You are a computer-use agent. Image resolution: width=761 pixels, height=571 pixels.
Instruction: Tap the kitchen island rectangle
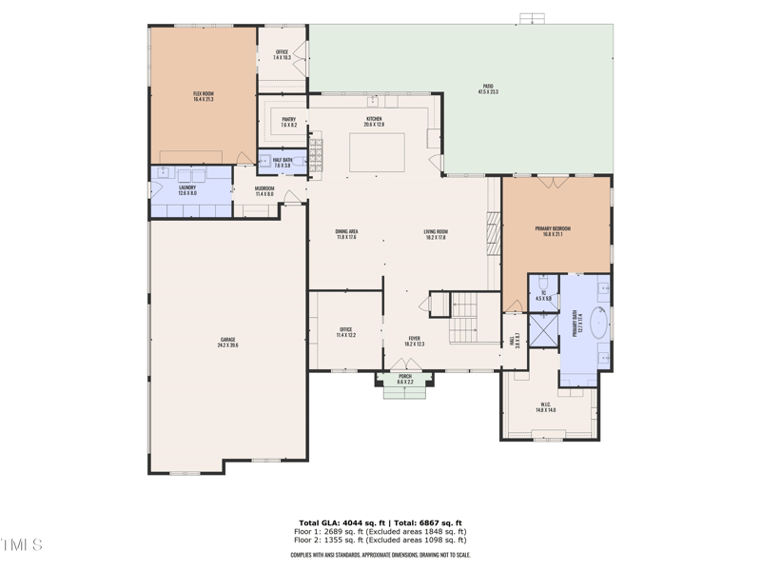pyautogui.click(x=377, y=152)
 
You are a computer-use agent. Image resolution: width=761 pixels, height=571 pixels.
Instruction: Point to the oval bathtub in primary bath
pyautogui.click(x=598, y=323)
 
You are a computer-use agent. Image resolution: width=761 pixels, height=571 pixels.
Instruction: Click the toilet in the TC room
pyautogui.click(x=542, y=283)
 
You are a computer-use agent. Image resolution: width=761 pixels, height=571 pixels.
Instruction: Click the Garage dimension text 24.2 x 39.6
pyautogui.click(x=227, y=345)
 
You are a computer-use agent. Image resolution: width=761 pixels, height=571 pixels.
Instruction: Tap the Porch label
pyautogui.click(x=405, y=379)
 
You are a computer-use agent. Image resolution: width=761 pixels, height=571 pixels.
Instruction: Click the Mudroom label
pyautogui.click(x=264, y=191)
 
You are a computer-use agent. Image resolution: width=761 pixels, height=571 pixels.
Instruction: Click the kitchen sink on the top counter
pyautogui.click(x=376, y=100)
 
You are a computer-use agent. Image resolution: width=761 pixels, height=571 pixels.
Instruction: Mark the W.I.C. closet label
pyautogui.click(x=545, y=406)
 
